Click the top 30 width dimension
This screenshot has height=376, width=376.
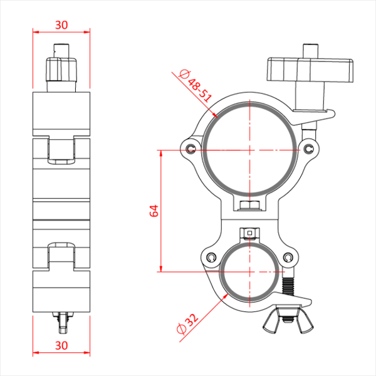click(61, 25)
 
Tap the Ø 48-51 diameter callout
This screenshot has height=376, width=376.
click(196, 87)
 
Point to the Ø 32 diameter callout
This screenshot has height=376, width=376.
click(189, 323)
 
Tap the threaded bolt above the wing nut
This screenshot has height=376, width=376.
click(288, 286)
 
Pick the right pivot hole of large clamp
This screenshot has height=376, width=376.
click(309, 147)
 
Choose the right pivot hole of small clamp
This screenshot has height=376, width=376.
click(288, 258)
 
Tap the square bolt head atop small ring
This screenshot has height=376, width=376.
click(250, 234)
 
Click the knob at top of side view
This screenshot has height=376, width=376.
click(61, 66)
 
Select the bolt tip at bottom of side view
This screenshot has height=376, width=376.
click(61, 322)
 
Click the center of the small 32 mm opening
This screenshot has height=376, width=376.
click(250, 271)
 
